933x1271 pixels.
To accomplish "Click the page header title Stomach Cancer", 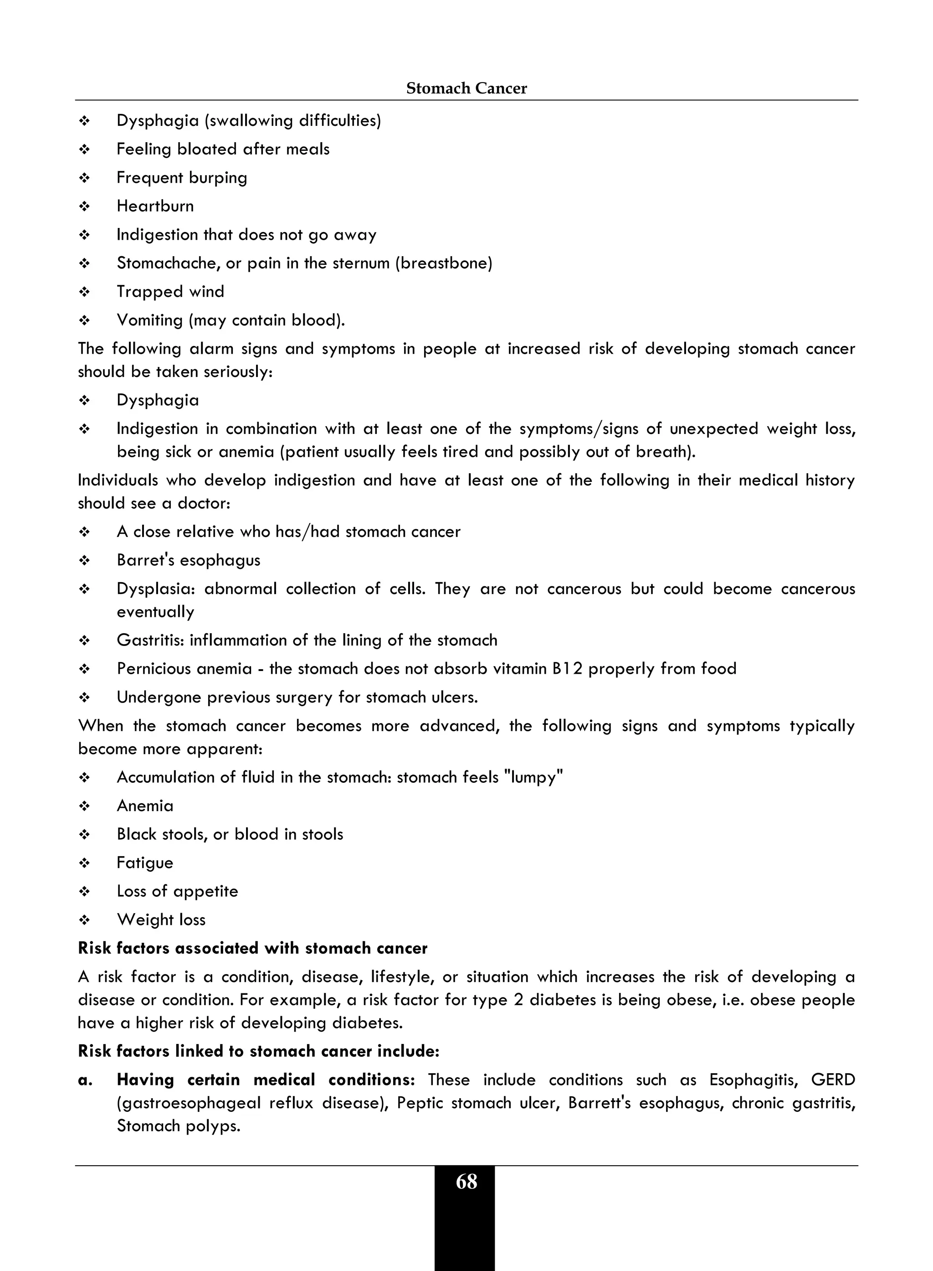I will [466, 88].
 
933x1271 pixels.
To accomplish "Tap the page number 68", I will [466, 1182].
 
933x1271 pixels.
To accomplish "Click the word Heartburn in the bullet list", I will [155, 206].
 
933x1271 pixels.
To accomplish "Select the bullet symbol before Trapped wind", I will [85, 292].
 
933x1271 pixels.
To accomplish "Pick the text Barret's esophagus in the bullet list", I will [188, 560].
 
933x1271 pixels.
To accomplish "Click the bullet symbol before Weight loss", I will [85, 920].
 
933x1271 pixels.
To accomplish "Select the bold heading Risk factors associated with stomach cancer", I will [252, 948].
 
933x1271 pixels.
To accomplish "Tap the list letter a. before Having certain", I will [85, 1080].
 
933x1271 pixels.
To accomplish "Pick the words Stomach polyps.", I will [179, 1126].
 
